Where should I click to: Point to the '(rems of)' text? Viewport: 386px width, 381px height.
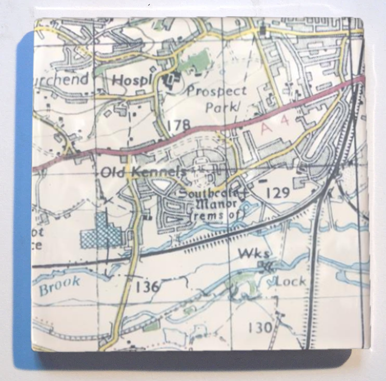212,215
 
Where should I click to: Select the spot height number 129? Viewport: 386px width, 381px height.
277,193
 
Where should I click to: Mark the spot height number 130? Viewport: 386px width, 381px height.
260,327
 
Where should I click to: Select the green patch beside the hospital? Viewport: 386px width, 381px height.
195,62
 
